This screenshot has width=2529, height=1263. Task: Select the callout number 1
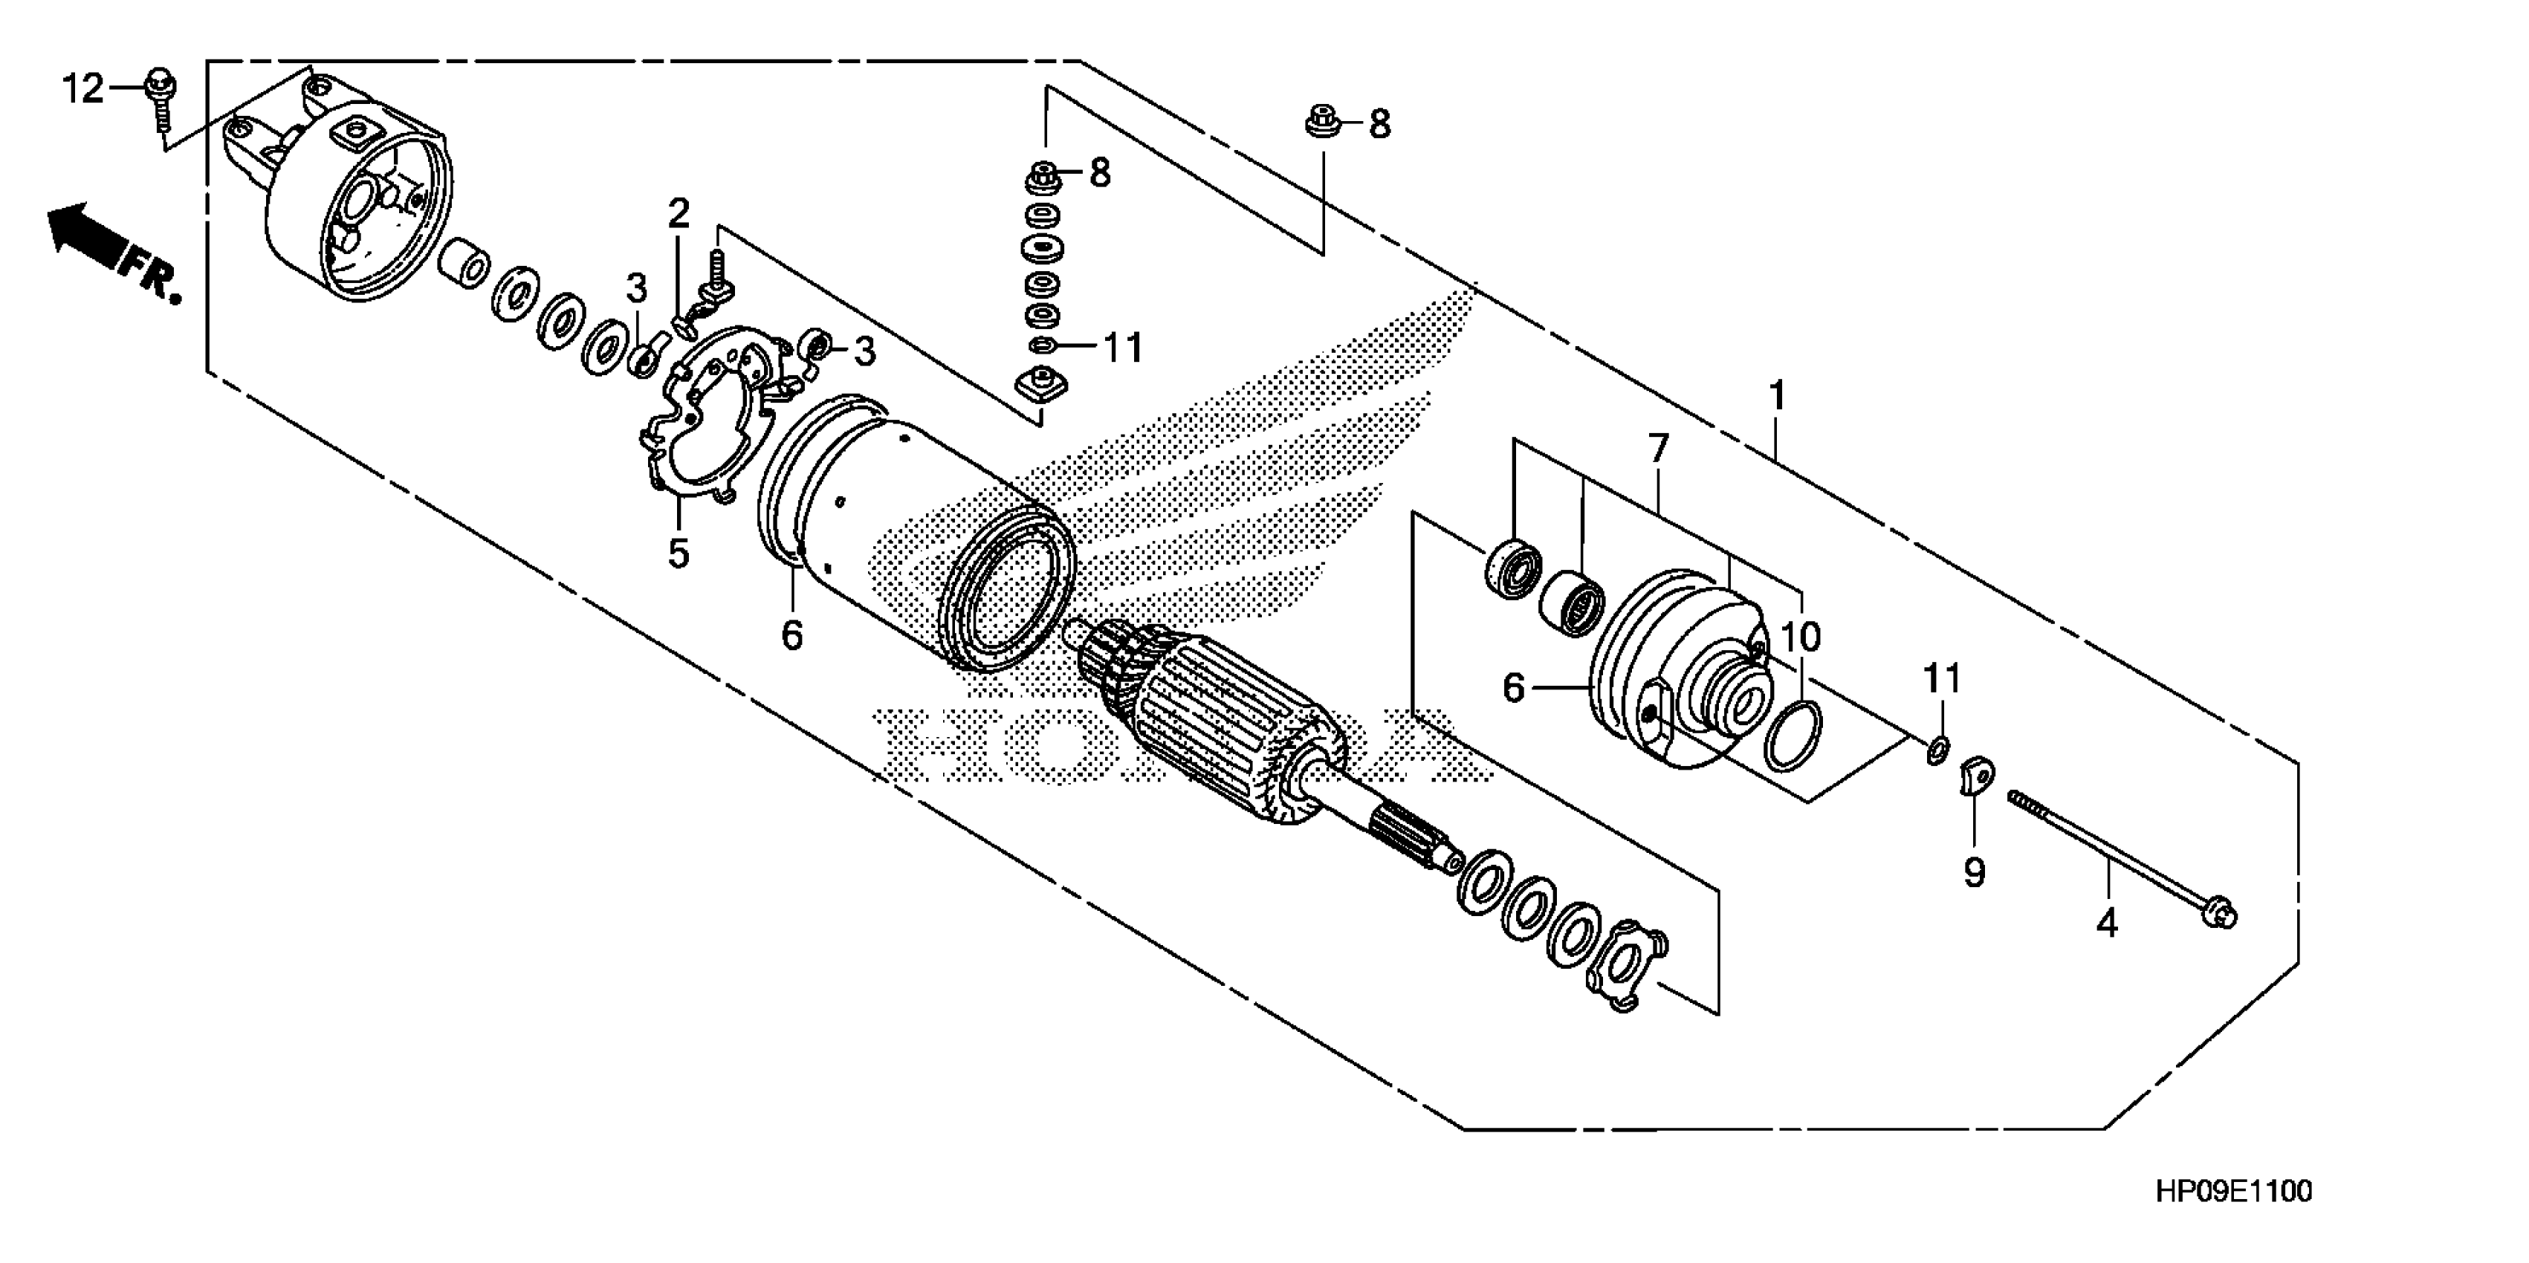(1776, 397)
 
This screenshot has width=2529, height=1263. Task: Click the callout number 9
(1975, 871)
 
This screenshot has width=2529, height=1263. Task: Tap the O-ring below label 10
(1793, 736)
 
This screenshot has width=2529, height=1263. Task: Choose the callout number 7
(1658, 449)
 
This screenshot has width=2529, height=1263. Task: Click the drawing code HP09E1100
(2232, 1192)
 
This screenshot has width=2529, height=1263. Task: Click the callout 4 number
(2107, 923)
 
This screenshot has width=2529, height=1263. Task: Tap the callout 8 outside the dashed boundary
(1379, 125)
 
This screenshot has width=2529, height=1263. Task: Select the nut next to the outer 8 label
(1321, 123)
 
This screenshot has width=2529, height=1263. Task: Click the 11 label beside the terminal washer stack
(1122, 348)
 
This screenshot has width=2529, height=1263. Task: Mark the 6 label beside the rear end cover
(1514, 688)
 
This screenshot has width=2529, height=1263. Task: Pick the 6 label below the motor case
(791, 636)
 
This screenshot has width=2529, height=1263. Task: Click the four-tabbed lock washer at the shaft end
(1627, 966)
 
